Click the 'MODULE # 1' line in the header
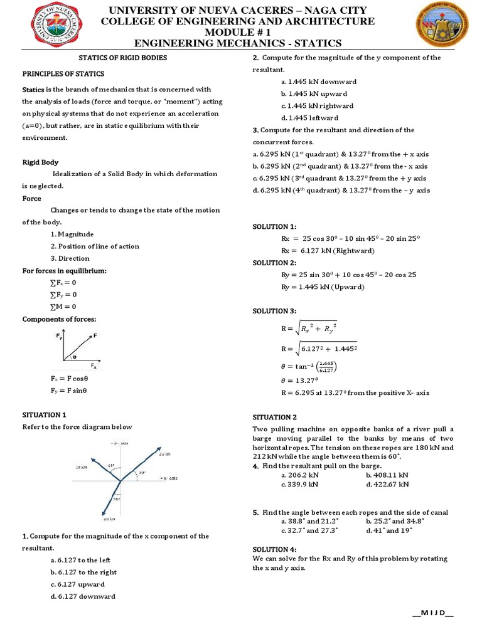[x=240, y=32]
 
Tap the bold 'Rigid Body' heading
[x=40, y=162]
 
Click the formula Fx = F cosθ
[x=68, y=379]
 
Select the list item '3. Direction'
[x=70, y=258]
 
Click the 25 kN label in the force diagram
[x=164, y=453]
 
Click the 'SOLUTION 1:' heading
[x=274, y=226]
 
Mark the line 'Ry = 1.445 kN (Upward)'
[x=323, y=287]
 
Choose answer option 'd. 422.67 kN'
[x=387, y=484]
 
